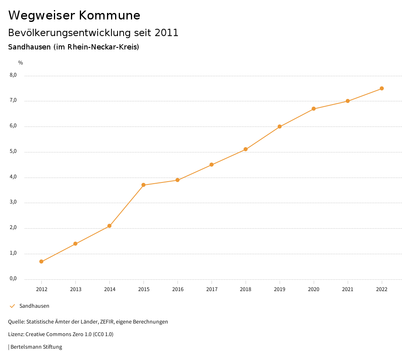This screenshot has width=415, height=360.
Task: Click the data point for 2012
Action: (x=41, y=261)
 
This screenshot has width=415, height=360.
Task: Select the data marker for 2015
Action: (x=143, y=185)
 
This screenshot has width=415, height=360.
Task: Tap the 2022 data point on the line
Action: (x=382, y=88)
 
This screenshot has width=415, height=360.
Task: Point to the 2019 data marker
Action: (x=280, y=126)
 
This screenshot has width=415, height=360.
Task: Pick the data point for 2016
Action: (x=178, y=180)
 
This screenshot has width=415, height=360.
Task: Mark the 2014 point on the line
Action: (x=109, y=226)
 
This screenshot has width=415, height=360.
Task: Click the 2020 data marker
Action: (x=314, y=109)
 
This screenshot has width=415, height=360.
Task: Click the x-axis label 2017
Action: (x=212, y=289)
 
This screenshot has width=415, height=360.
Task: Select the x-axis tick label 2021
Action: (x=348, y=289)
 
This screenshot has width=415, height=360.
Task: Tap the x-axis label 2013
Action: (x=75, y=289)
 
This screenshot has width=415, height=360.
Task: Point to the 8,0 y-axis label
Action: (x=13, y=75)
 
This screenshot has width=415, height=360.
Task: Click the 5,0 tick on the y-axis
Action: (x=13, y=151)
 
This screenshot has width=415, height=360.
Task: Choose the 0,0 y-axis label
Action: (x=13, y=279)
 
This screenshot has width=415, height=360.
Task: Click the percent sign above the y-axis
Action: (x=21, y=62)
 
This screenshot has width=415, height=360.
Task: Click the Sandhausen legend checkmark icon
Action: (x=12, y=306)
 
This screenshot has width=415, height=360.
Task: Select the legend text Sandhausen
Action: (x=34, y=306)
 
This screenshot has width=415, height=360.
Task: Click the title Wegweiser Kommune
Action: (x=74, y=15)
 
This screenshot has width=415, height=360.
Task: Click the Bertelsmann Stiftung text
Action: (x=36, y=347)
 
